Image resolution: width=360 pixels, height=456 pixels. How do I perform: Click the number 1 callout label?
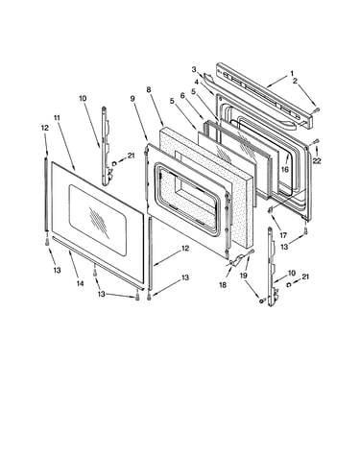[x=292, y=74]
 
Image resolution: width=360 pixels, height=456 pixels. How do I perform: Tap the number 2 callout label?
[x=295, y=81]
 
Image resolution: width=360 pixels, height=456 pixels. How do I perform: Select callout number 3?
[x=194, y=69]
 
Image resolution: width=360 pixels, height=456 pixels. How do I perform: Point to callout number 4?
[x=196, y=82]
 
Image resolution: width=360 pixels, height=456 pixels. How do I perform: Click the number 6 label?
[x=182, y=95]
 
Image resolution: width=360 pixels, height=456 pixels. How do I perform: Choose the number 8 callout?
[x=149, y=90]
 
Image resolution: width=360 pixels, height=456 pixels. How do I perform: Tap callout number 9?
[x=132, y=99]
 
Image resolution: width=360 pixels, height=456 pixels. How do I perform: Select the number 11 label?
[x=57, y=118]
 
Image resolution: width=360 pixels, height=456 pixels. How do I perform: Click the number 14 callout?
[x=80, y=283]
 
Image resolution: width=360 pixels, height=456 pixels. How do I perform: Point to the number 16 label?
[x=285, y=169]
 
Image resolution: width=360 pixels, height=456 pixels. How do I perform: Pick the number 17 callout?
[x=283, y=235]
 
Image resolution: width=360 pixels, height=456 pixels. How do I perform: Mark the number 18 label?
[x=223, y=285]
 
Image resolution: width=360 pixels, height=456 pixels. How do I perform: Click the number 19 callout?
[x=244, y=275]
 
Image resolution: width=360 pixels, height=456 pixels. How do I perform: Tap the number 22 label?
[x=317, y=161]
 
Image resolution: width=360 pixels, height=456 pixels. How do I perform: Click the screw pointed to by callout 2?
[x=317, y=110]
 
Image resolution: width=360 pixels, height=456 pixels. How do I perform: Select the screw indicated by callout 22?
[x=316, y=140]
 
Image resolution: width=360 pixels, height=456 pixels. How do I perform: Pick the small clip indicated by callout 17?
[x=271, y=209]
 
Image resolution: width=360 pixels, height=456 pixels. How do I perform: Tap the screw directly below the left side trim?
[x=47, y=242]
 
